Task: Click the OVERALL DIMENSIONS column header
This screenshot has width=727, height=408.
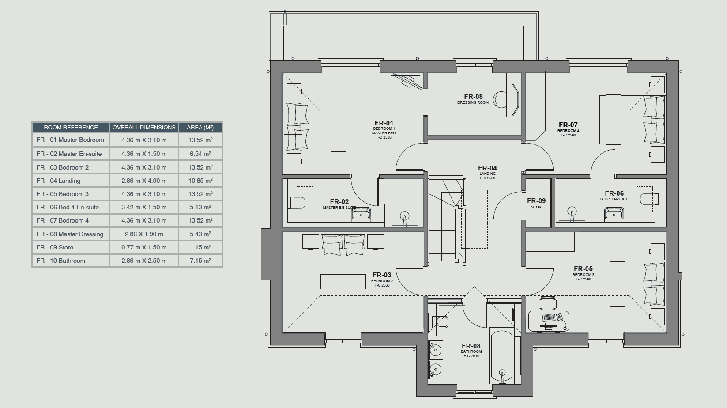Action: tap(144, 127)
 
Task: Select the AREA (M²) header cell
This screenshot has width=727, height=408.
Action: tap(200, 127)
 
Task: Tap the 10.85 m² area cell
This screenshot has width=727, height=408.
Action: tap(200, 181)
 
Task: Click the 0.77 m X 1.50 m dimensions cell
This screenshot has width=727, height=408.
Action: tap(144, 247)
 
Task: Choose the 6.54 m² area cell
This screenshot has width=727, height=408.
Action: tap(200, 154)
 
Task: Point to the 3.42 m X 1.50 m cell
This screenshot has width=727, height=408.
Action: tap(144, 207)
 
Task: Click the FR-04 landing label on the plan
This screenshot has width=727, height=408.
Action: tap(487, 168)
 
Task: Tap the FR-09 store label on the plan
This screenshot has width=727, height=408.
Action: tap(536, 201)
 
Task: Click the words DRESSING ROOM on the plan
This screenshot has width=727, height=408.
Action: tap(473, 102)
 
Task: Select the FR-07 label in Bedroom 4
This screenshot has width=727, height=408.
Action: tap(568, 125)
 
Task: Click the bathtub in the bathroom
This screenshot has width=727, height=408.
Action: tap(502, 356)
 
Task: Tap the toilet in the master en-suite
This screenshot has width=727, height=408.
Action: tap(297, 203)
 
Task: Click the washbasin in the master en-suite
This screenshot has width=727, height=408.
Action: tap(361, 214)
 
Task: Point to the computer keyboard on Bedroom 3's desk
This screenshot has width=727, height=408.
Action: tap(549, 317)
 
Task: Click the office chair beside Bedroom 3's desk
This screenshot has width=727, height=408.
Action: tap(548, 303)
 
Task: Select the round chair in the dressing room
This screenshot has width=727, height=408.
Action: tap(500, 100)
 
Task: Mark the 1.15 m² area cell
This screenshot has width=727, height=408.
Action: tap(200, 247)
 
